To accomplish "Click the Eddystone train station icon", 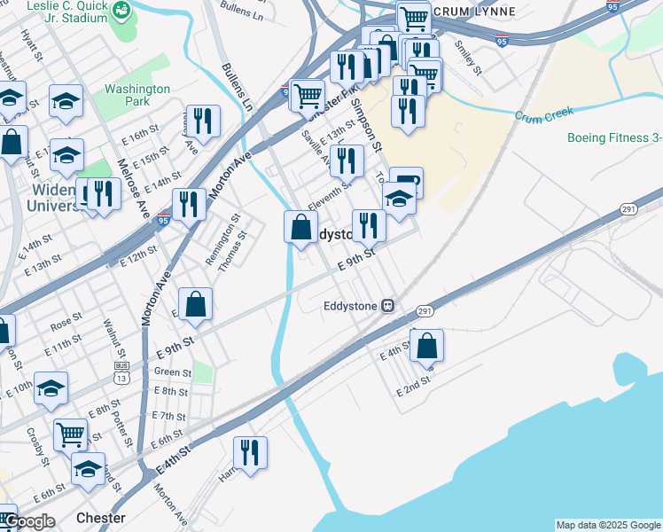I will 387,306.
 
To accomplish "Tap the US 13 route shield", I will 121,372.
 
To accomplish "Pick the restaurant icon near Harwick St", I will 251,453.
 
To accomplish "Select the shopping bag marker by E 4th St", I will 426,345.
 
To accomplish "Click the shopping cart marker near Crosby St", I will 70,434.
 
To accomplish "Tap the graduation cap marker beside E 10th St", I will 51,388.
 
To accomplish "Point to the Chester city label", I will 101,517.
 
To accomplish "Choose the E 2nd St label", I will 413,381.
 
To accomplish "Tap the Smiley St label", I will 467,58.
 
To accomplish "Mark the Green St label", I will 172,372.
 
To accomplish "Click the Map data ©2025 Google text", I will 608,525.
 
